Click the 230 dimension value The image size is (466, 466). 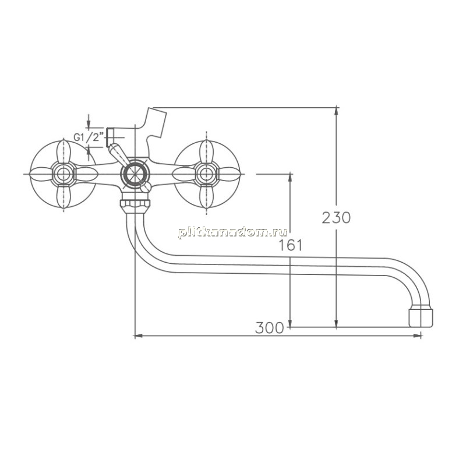pos(336,217)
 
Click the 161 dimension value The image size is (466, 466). pos(290,245)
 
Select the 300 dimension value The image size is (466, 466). pos(270,328)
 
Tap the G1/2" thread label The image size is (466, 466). pos(89,137)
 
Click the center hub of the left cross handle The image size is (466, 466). pos(63,174)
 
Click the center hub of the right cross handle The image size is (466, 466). pos(206,174)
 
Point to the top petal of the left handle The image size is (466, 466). pos(63,151)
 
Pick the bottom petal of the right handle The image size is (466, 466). pos(206,197)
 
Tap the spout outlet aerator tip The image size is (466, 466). pos(421,318)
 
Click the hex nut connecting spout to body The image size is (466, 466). pos(135,204)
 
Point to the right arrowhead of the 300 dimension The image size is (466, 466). pos(418,336)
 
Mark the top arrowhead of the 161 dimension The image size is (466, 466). pos(290,178)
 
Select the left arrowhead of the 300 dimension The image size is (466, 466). pos(138,336)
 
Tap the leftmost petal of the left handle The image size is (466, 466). pos(41,174)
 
